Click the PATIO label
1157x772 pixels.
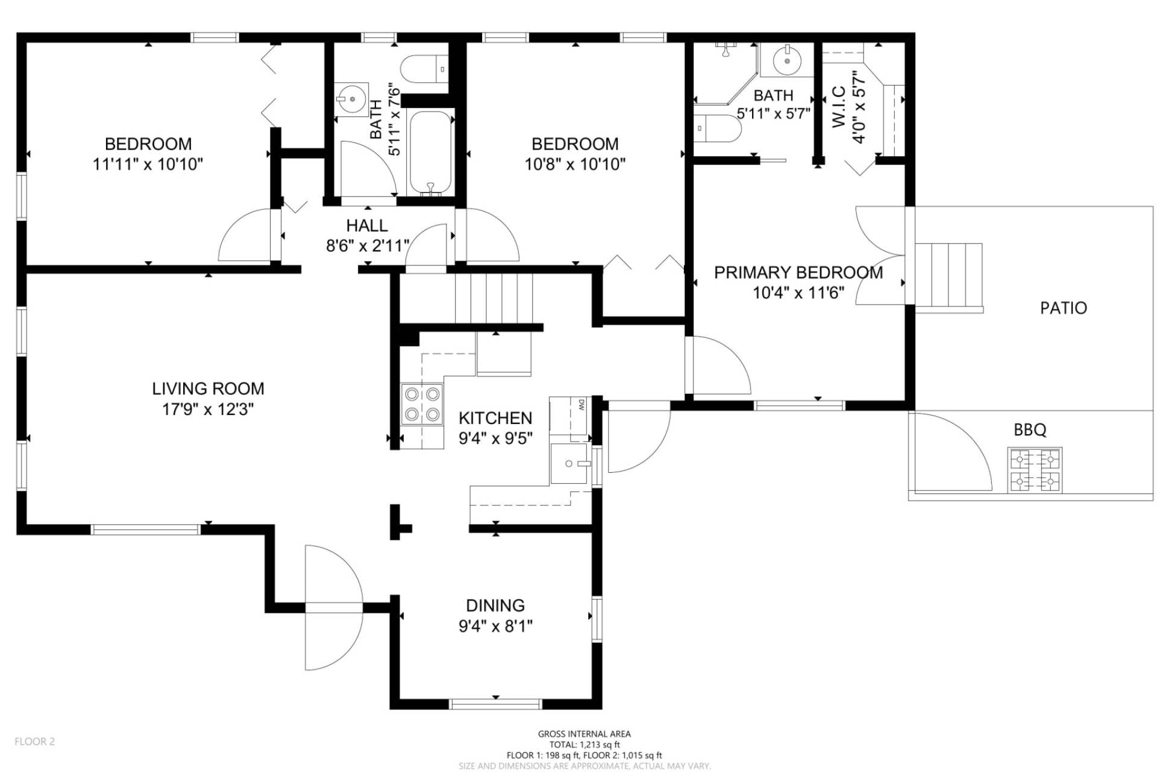1064,308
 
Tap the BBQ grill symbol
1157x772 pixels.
1035,469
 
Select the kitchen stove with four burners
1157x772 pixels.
422,404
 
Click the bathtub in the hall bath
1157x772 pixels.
431,153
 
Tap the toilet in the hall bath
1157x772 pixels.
424,69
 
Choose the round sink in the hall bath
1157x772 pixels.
351,100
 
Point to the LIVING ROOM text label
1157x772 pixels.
208,389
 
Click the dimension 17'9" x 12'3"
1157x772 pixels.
208,410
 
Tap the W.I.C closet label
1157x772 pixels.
839,107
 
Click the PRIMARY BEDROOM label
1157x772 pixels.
798,273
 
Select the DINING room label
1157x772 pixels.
495,606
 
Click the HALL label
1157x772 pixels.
367,226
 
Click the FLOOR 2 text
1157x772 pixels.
35,742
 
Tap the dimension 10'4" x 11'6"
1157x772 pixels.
798,293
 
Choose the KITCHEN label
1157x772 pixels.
495,418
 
